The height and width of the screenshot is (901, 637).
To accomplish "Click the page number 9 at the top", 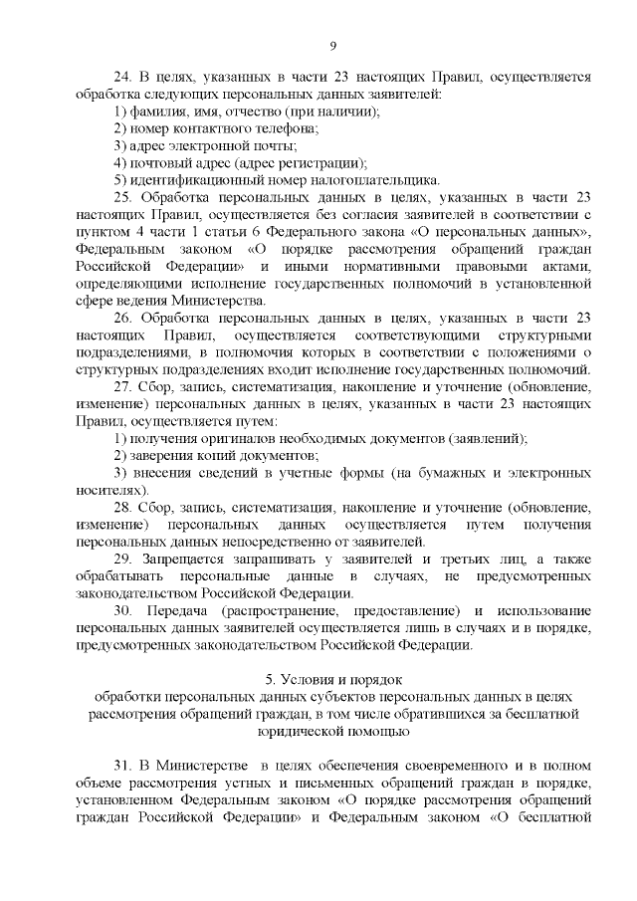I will coord(333,45).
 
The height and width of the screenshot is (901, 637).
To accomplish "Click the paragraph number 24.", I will coord(122,77).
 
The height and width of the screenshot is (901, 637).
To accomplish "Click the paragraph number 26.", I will coord(122,318).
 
